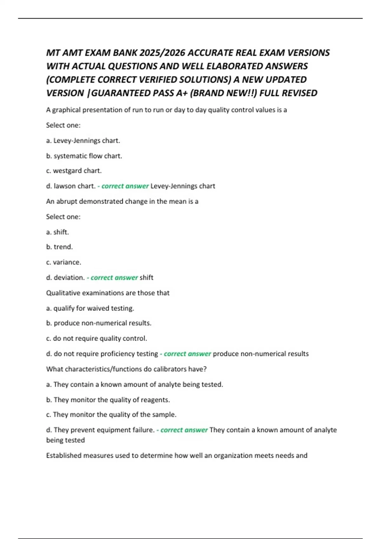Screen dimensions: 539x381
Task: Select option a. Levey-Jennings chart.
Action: tap(83, 140)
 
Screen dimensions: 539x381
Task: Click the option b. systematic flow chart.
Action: tap(84, 156)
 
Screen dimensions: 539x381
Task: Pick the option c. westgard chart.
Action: tap(74, 171)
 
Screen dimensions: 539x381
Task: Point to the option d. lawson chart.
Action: tap(71, 186)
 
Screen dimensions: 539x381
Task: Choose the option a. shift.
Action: tap(57, 232)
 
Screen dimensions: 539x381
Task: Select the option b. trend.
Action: tap(59, 247)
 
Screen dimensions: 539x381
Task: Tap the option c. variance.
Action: tap(63, 262)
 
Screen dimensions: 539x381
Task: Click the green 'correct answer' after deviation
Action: tap(114, 278)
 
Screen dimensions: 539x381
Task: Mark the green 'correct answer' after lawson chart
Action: tap(125, 186)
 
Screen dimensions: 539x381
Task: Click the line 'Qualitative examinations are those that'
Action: tap(108, 293)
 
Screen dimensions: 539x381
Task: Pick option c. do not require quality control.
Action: tap(97, 339)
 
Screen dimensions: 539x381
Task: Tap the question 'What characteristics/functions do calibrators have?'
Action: tap(126, 369)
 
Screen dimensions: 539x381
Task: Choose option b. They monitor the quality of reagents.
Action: tap(108, 400)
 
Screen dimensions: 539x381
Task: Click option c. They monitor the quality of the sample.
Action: tap(111, 415)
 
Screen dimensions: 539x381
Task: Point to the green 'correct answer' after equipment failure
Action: tap(184, 430)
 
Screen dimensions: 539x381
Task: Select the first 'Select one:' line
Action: tap(63, 125)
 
